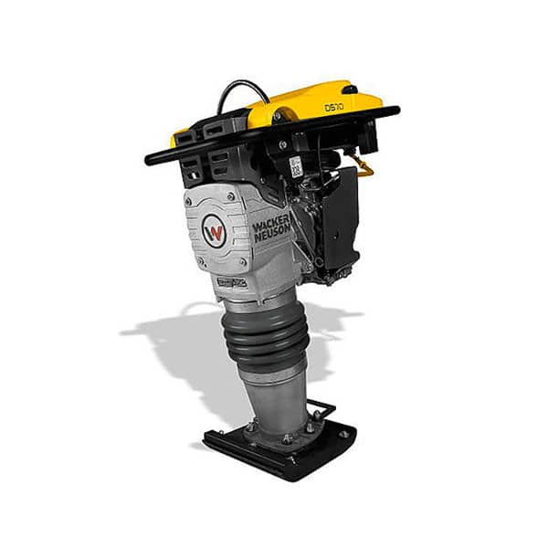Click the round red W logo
click(216, 231)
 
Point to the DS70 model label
click(334, 107)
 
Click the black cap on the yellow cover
click(349, 90)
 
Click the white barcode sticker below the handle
click(295, 167)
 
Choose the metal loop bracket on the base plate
click(321, 408)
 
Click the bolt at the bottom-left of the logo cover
click(201, 261)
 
